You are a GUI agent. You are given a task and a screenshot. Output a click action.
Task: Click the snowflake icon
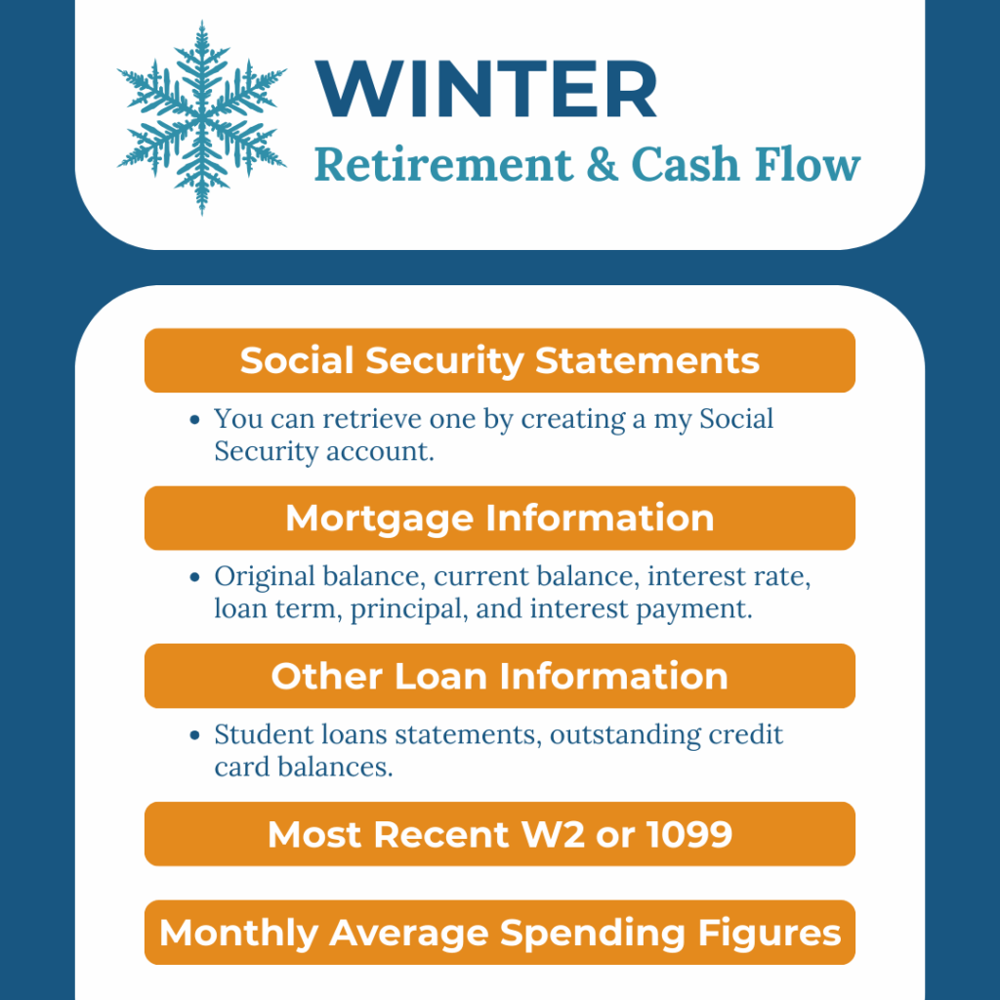(x=201, y=117)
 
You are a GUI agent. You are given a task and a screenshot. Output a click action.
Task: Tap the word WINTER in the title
(x=486, y=89)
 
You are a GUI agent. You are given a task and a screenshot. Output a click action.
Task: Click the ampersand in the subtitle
(x=602, y=164)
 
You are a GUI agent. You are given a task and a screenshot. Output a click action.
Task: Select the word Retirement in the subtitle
(x=444, y=165)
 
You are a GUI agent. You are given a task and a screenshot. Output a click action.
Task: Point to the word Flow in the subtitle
(x=808, y=164)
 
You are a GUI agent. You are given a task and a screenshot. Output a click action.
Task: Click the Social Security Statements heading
(x=500, y=360)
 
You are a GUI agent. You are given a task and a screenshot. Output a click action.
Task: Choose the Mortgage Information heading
(x=500, y=518)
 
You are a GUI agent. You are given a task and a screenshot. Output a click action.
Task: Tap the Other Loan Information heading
(x=500, y=676)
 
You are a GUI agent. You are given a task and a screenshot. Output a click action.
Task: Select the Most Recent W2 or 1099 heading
(x=500, y=834)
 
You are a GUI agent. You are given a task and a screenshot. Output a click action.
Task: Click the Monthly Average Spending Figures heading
(x=500, y=933)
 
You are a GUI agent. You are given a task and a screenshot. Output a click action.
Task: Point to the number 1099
(x=688, y=834)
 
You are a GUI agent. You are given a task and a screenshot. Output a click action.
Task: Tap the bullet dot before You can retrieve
(x=195, y=420)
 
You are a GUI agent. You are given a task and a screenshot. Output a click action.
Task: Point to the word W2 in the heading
(x=553, y=834)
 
